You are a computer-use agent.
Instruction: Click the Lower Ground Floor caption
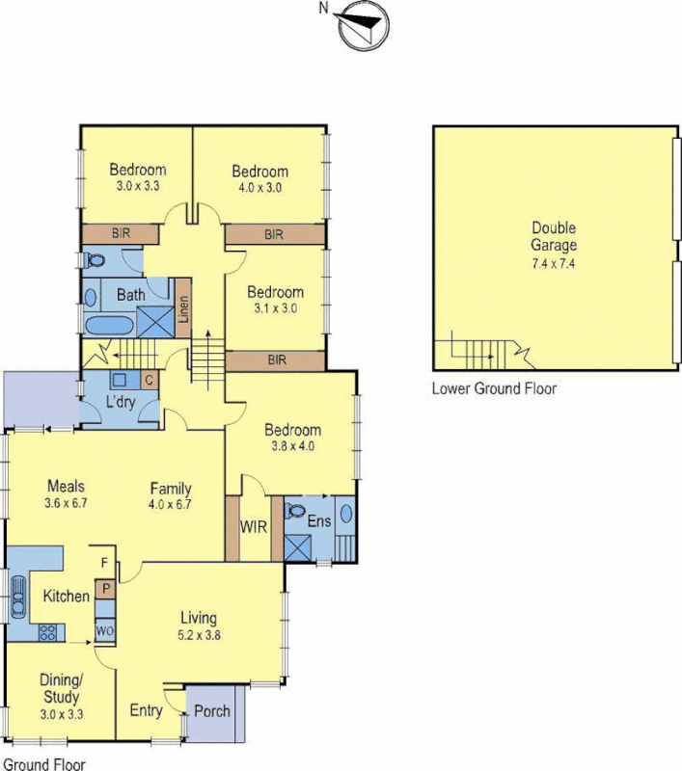click(494, 389)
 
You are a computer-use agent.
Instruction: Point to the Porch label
click(212, 711)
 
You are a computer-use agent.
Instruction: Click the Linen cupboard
click(183, 309)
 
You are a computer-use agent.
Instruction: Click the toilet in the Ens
click(296, 510)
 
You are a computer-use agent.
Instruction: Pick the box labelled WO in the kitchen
click(104, 631)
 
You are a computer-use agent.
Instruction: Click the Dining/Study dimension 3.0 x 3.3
click(61, 713)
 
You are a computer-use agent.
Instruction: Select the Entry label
click(146, 711)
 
